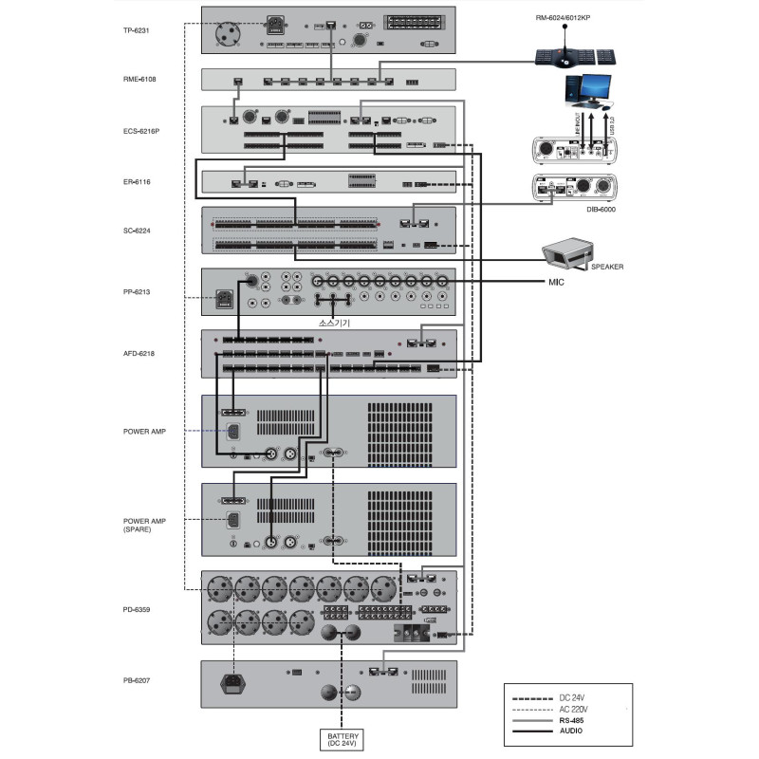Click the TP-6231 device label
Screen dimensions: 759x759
click(x=139, y=30)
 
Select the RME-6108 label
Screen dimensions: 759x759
click(x=140, y=79)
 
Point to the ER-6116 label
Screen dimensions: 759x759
click(x=139, y=180)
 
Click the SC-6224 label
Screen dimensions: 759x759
click(x=139, y=231)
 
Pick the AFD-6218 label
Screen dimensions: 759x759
click(x=140, y=353)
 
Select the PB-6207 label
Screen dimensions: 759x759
click(x=139, y=681)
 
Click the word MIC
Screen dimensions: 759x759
click(x=555, y=283)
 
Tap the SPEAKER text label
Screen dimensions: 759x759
click(x=607, y=267)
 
